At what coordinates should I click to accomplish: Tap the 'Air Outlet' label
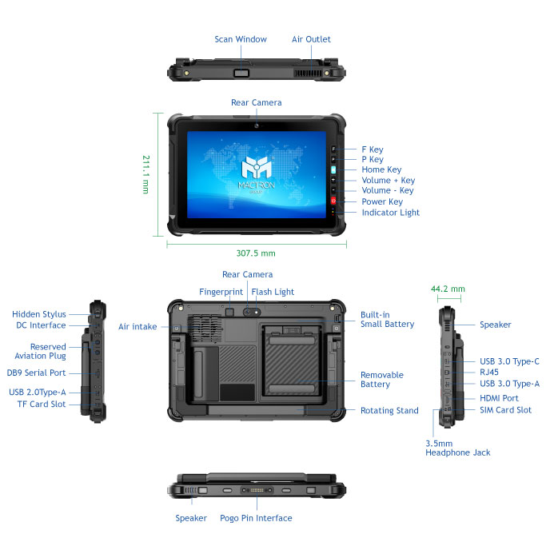(311, 39)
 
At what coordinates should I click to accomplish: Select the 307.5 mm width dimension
(257, 253)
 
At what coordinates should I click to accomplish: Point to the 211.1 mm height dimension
(145, 174)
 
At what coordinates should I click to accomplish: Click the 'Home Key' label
(381, 169)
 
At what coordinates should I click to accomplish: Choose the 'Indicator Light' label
(390, 213)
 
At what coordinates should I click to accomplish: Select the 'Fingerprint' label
(221, 292)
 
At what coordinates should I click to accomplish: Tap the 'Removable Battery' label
(381, 380)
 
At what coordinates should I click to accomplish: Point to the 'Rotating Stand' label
(389, 411)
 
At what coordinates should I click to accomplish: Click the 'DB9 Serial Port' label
(37, 373)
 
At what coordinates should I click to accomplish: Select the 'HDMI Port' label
(499, 398)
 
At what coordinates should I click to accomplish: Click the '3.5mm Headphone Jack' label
(457, 448)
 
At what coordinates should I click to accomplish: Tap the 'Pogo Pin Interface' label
(256, 518)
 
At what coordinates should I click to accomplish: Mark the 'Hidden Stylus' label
(39, 314)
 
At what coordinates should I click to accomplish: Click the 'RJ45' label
(490, 372)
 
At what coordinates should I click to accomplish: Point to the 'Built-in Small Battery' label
(387, 319)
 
